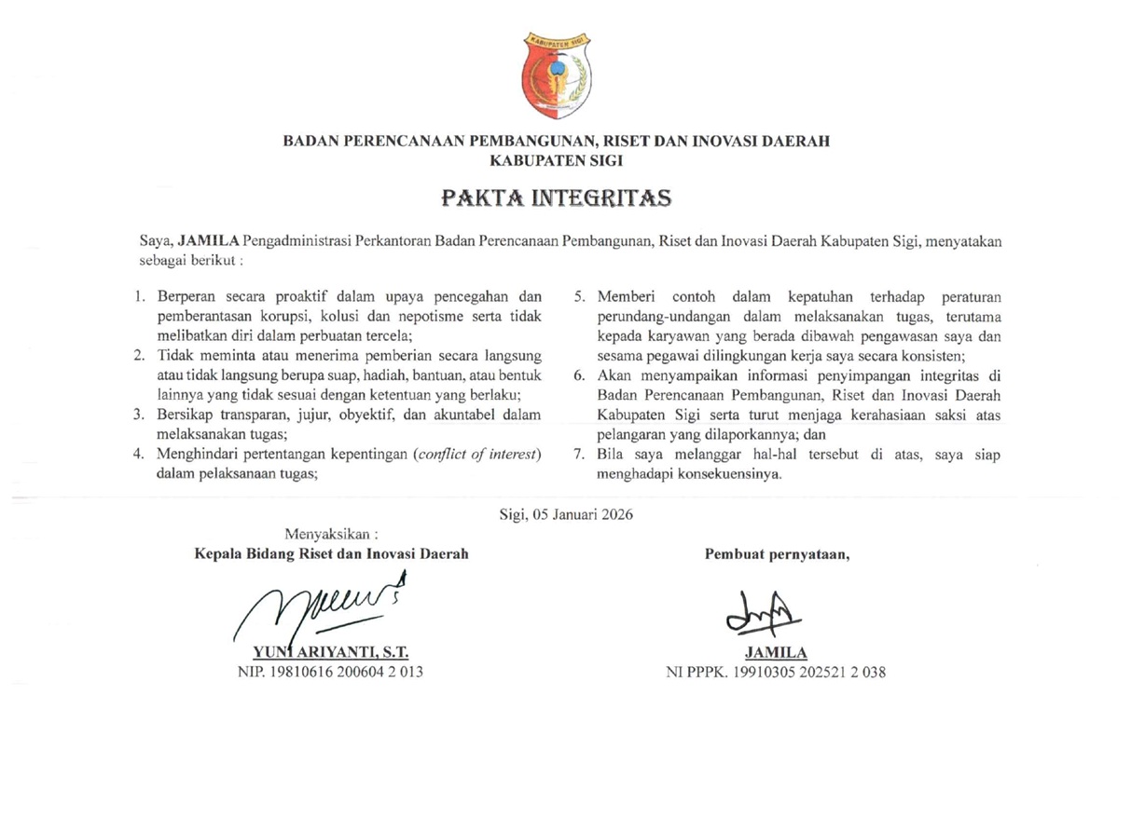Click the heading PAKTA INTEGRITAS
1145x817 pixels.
[x=556, y=198]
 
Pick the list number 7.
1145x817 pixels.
[x=578, y=454]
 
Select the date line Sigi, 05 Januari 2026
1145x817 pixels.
[x=566, y=513]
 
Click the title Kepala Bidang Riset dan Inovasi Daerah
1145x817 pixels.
[x=331, y=553]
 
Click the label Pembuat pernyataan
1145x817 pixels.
[x=777, y=553]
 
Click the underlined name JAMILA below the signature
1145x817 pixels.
[x=775, y=652]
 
